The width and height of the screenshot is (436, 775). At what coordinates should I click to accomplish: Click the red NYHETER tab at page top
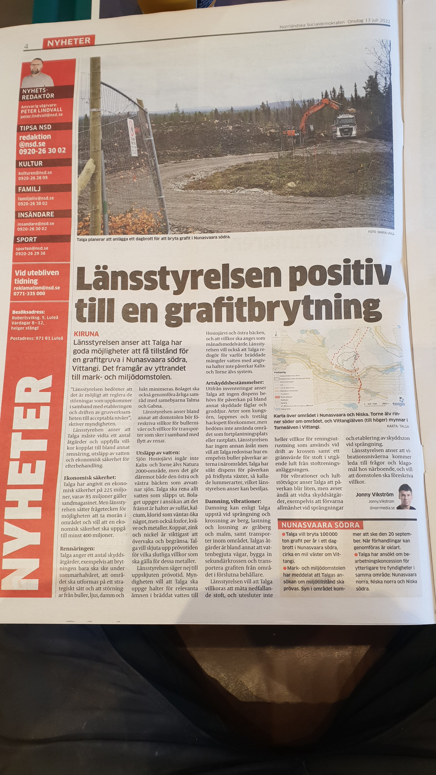pos(69,42)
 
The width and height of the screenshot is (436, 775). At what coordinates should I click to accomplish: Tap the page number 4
pos(26,46)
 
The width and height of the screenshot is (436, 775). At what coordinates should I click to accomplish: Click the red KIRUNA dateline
pos(86,334)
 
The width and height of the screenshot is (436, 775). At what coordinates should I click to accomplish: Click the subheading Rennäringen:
pos(77,548)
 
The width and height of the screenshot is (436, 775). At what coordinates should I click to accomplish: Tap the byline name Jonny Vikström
pos(374,494)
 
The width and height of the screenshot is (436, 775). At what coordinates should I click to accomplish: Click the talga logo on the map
pos(398,404)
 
